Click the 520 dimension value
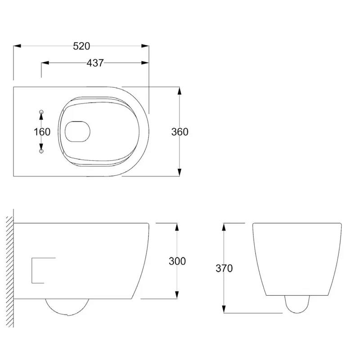click(82, 45)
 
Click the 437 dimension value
click(95, 63)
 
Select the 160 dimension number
click(42, 132)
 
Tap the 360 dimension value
click(180, 132)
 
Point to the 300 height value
click(177, 261)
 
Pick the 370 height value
click(224, 269)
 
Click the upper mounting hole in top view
click(41, 111)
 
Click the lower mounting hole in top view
click(41, 152)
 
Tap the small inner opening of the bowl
click(77, 132)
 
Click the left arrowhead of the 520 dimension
click(17, 45)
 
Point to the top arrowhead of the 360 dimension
click(180, 90)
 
